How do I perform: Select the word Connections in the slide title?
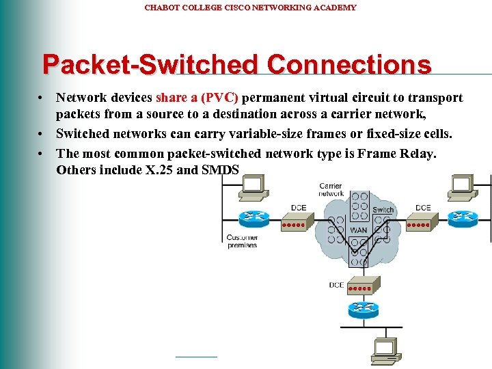click(x=349, y=65)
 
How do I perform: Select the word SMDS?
click(x=220, y=169)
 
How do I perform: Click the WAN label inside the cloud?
click(x=359, y=230)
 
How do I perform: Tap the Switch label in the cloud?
click(x=383, y=209)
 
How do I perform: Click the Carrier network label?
click(x=331, y=189)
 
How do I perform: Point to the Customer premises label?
click(x=242, y=241)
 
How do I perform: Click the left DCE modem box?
click(x=297, y=221)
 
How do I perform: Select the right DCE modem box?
click(x=422, y=221)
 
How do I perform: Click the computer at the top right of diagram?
click(x=461, y=185)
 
